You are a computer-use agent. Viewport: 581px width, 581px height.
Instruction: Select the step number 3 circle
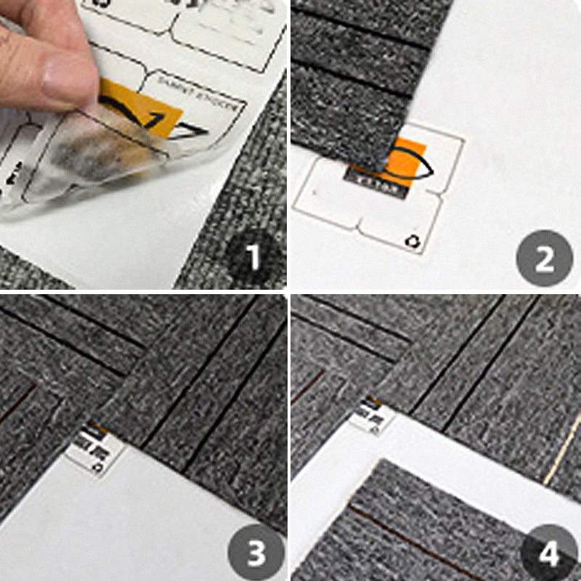[255, 552]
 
